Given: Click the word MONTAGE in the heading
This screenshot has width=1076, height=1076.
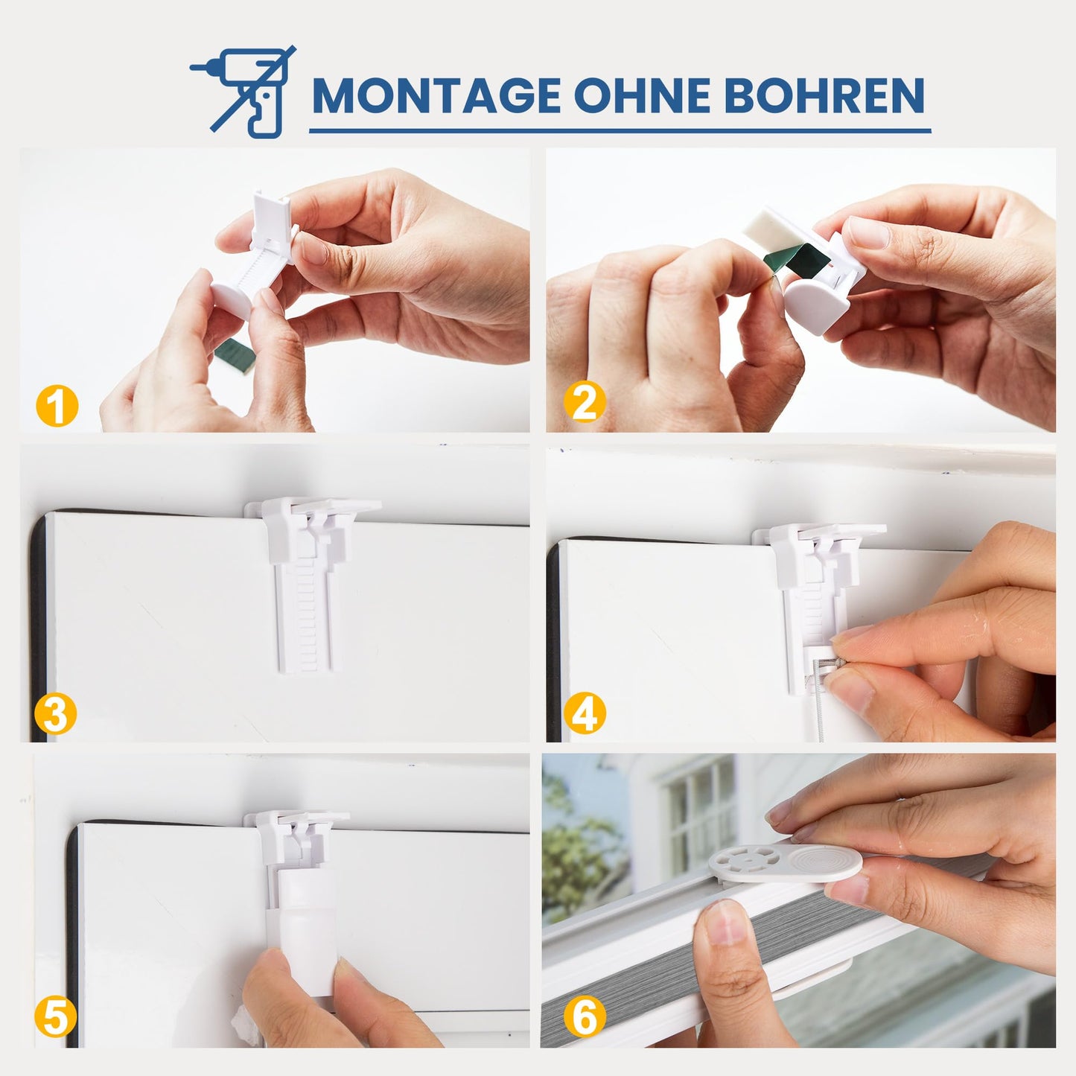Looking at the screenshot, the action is click(x=436, y=95).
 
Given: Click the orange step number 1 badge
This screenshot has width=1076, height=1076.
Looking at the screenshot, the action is click(x=57, y=406).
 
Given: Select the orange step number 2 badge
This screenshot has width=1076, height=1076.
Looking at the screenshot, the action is click(x=585, y=402).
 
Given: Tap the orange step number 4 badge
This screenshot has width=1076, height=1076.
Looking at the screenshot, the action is click(x=585, y=713).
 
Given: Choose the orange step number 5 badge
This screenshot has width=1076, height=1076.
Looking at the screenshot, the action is click(x=55, y=1017).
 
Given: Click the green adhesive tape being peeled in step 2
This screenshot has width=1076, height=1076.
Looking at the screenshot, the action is click(x=792, y=256).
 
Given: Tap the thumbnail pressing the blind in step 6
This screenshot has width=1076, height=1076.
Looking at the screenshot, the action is click(x=725, y=920).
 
